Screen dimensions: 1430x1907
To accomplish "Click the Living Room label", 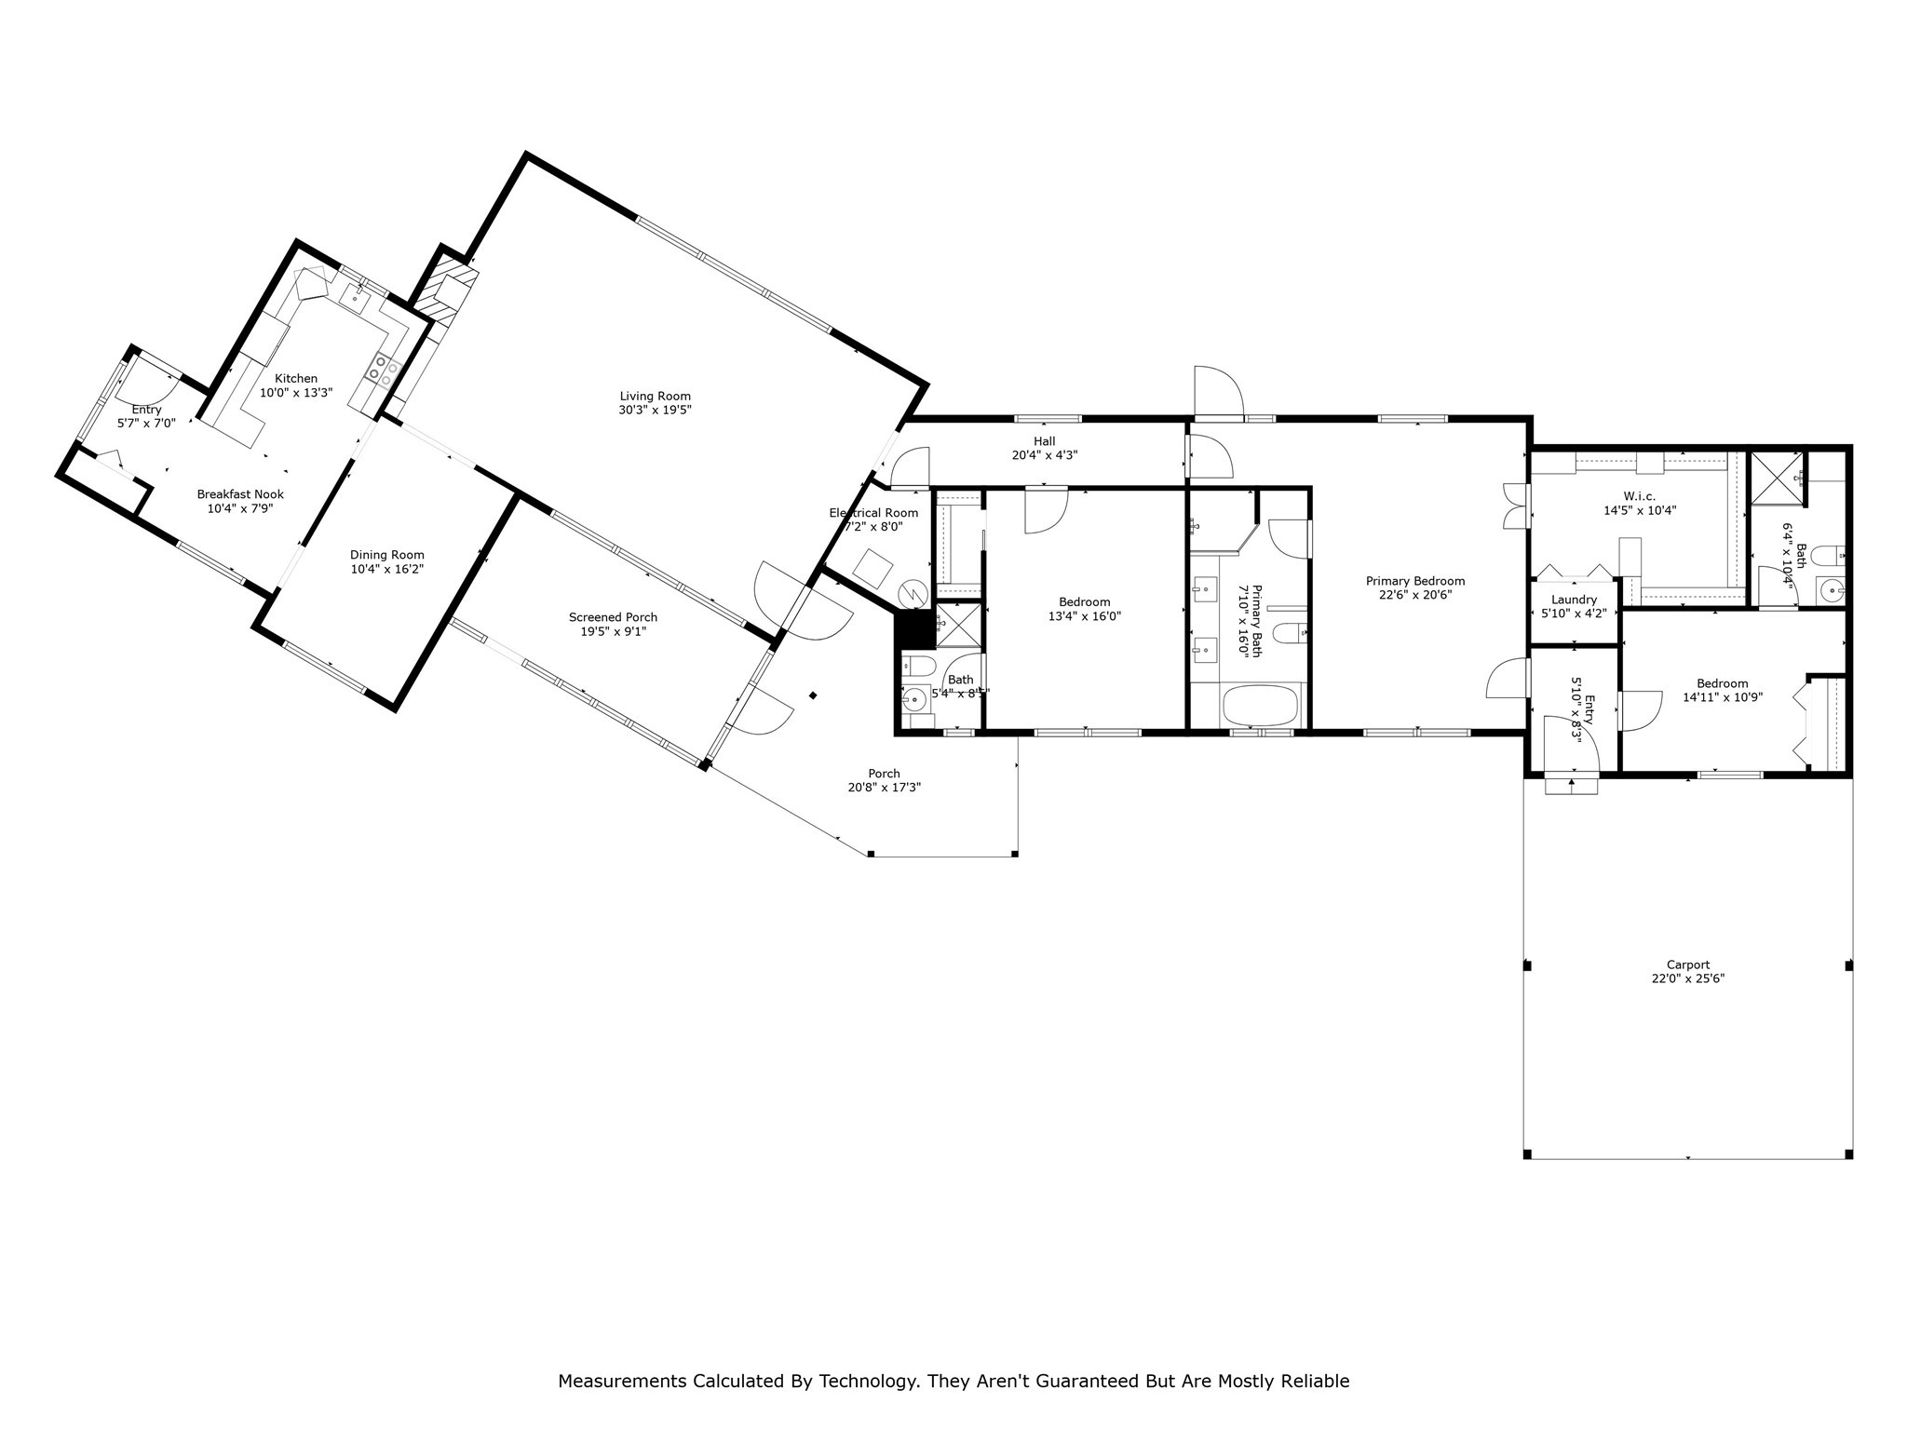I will click(x=655, y=396).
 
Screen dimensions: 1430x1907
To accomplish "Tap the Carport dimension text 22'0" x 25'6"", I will click(x=1687, y=978).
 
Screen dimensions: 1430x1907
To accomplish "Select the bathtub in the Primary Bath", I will click(x=1261, y=706).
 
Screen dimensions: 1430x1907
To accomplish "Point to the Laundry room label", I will click(x=1574, y=600).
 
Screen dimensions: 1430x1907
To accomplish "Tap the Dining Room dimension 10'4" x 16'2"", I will click(x=387, y=569).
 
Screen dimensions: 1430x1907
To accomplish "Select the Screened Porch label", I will click(x=613, y=617).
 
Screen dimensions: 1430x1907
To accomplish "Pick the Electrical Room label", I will click(x=873, y=513).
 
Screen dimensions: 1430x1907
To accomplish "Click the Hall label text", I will click(x=1044, y=441).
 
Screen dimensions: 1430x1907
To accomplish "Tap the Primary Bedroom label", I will click(x=1415, y=581).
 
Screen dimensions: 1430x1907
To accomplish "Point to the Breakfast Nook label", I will click(x=240, y=494).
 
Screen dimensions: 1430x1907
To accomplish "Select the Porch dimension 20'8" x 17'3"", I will click(x=884, y=788).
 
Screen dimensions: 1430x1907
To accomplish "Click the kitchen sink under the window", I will click(x=356, y=296).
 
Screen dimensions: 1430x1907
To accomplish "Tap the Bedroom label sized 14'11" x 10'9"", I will click(x=1722, y=683).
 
